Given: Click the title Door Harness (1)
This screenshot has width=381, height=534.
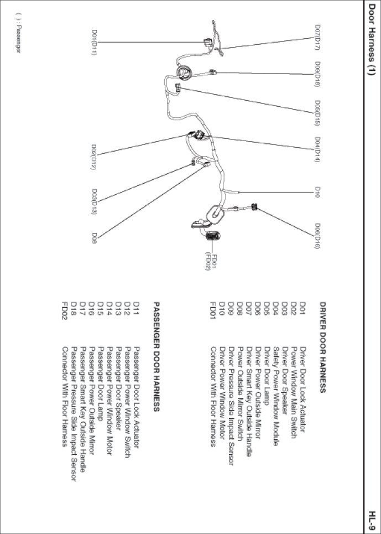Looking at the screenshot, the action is pyautogui.click(x=372, y=39).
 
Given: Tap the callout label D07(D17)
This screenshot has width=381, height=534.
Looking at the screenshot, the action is pyautogui.click(x=317, y=37).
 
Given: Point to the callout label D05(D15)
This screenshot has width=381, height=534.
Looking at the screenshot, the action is pyautogui.click(x=317, y=113).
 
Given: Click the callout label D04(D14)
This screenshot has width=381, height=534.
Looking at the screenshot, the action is pyautogui.click(x=317, y=149).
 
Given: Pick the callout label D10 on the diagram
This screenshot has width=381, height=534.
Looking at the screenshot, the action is pyautogui.click(x=317, y=192).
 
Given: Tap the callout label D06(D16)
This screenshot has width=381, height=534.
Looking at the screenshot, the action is pyautogui.click(x=317, y=236).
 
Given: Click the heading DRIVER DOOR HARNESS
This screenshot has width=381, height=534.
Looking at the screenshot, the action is pyautogui.click(x=323, y=348).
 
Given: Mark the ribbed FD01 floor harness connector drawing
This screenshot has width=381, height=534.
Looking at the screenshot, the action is pyautogui.click(x=213, y=236).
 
